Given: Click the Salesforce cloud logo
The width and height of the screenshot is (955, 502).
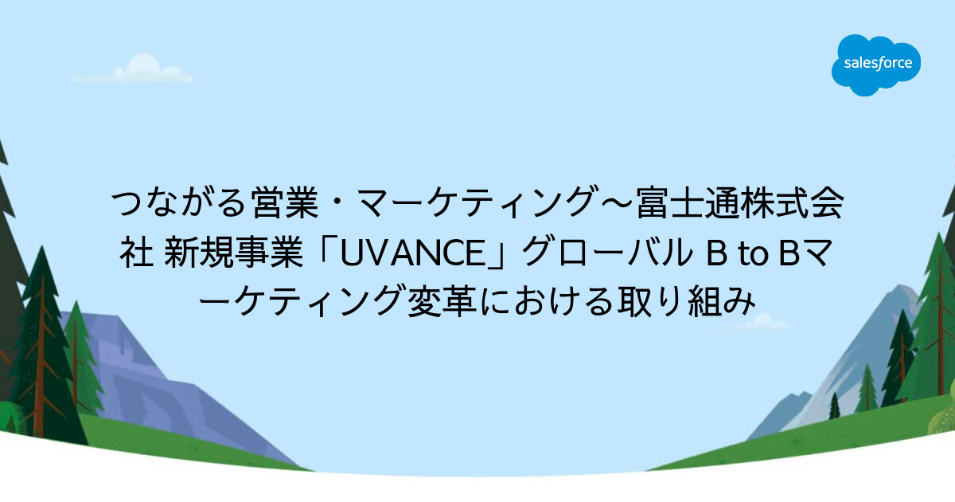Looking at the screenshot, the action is [875, 65].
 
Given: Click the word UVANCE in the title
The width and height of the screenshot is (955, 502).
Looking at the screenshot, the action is [413, 253].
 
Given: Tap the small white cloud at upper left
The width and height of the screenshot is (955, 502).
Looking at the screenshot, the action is [133, 69].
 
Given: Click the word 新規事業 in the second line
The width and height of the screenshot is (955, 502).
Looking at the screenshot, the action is [233, 253].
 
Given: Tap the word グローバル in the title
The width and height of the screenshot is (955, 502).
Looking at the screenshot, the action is [606, 253].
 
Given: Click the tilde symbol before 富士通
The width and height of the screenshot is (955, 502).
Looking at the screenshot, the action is [617, 203].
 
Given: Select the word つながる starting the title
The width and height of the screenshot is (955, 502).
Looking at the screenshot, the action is [180, 202].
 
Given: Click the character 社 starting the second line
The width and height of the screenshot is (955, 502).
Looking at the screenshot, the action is [136, 253].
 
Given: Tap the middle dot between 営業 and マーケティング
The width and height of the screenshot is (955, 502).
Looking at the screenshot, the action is [337, 203].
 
